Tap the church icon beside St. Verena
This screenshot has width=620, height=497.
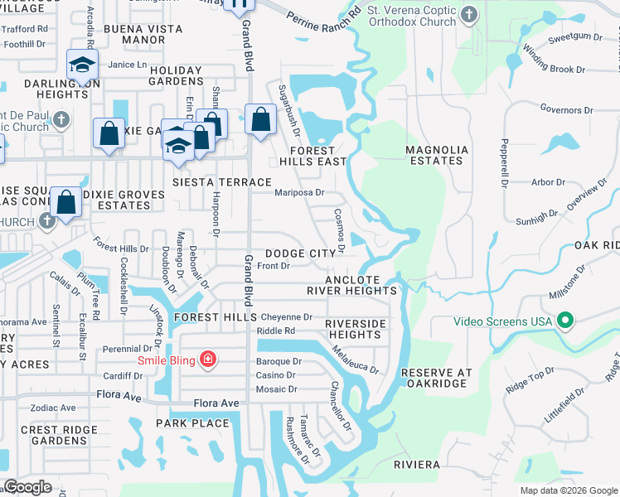(x=470, y=15)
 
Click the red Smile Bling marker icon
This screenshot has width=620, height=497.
(x=208, y=359)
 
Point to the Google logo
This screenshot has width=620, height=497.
(x=27, y=487)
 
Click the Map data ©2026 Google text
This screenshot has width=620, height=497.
(x=568, y=490)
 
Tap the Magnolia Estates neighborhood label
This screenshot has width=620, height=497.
(x=436, y=155)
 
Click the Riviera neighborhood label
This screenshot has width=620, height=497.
(x=417, y=465)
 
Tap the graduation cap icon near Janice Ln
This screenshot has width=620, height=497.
(x=83, y=65)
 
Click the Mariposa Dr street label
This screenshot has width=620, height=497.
(x=298, y=192)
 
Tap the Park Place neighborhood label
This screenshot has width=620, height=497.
(x=192, y=422)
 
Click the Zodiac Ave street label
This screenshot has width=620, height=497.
(x=52, y=408)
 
